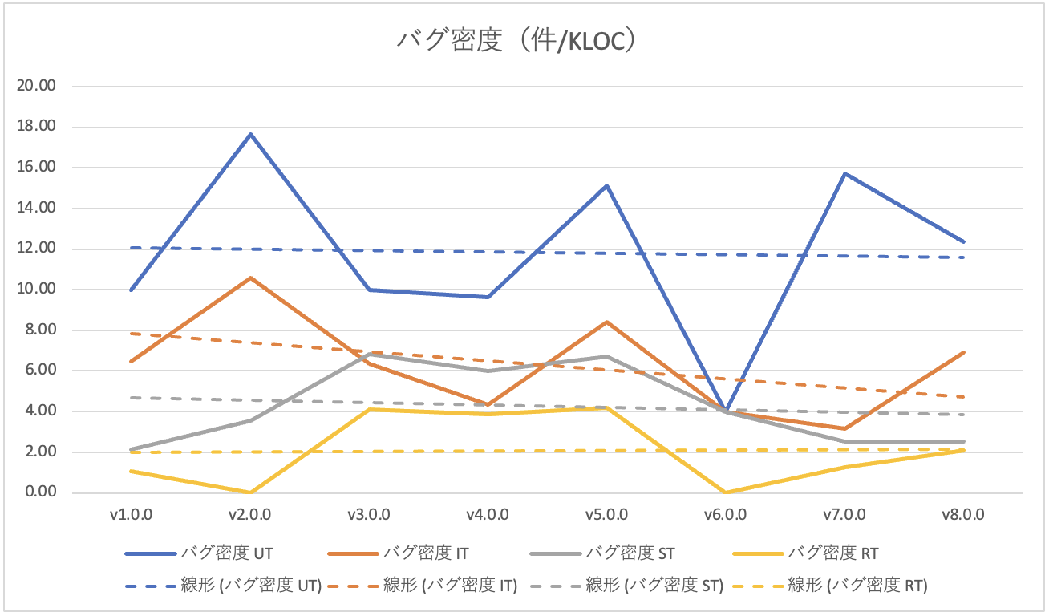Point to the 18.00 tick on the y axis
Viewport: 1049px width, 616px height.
pyautogui.click(x=35, y=127)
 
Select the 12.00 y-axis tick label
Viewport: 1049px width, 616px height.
pyautogui.click(x=35, y=249)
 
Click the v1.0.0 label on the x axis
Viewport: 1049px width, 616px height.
pyautogui.click(x=132, y=514)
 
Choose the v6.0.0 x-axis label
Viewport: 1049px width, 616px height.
pyautogui.click(x=725, y=514)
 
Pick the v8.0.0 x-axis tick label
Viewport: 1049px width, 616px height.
pyautogui.click(x=962, y=514)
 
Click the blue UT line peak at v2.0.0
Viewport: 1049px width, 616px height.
pyautogui.click(x=250, y=134)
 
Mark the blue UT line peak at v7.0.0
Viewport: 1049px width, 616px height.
pyautogui.click(x=844, y=173)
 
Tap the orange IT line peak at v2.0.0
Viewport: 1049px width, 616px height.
pyautogui.click(x=250, y=278)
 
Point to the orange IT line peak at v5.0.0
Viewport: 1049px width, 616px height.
pyautogui.click(x=606, y=322)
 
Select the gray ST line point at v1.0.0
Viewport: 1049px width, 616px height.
pyautogui.click(x=132, y=449)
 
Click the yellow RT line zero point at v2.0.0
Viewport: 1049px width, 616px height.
pyautogui.click(x=250, y=492)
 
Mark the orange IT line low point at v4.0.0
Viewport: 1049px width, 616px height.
pyautogui.click(x=488, y=404)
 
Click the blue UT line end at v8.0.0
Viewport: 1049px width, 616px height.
pyautogui.click(x=962, y=241)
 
